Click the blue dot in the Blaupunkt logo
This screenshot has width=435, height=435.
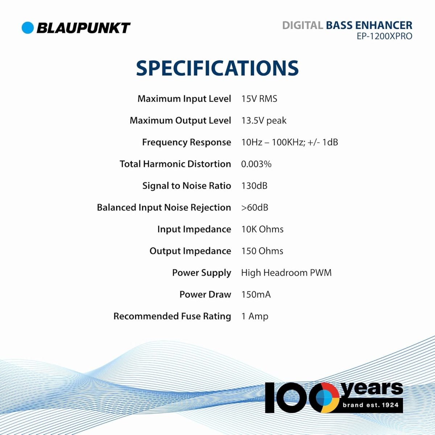(28, 28)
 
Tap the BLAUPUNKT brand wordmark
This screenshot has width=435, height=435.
(83, 28)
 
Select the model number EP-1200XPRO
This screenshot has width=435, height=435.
(385, 36)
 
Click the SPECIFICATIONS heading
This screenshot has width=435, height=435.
(217, 68)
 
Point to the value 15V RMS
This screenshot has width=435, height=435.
(259, 99)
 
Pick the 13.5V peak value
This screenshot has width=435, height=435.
(264, 121)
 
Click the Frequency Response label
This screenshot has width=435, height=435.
(186, 142)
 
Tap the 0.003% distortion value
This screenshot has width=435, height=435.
(256, 164)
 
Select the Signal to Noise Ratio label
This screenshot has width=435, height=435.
(187, 186)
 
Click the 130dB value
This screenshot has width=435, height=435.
(254, 186)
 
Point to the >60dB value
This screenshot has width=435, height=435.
(254, 207)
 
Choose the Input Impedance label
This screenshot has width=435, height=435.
(194, 229)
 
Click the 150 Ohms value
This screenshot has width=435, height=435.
(262, 251)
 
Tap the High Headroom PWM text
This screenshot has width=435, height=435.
(286, 273)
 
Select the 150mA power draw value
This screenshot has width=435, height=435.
(256, 295)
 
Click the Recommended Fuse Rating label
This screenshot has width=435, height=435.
(172, 316)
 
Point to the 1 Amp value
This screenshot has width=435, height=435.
(254, 316)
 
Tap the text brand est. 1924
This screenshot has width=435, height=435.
(371, 405)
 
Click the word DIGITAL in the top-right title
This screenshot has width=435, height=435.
(302, 25)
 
